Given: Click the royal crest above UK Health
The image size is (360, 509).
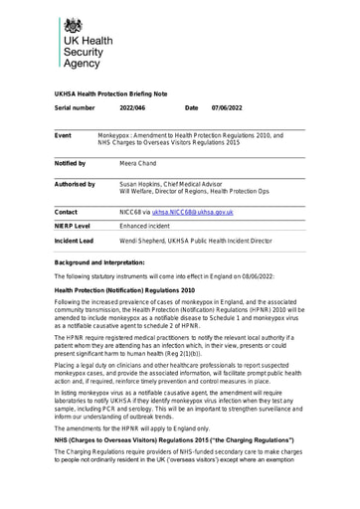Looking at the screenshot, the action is point(72,27).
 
